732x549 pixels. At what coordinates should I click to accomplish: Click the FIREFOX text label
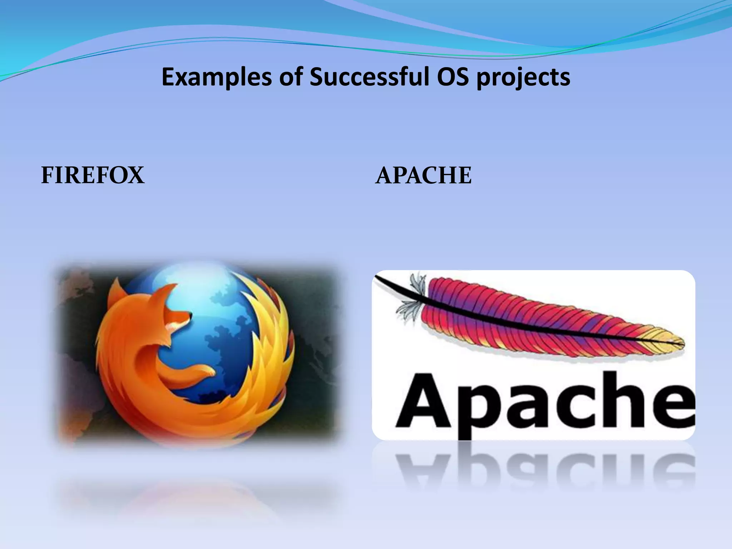point(93,175)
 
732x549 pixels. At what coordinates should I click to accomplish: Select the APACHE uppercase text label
point(423,175)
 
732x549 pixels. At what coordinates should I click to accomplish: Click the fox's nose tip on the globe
point(190,316)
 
